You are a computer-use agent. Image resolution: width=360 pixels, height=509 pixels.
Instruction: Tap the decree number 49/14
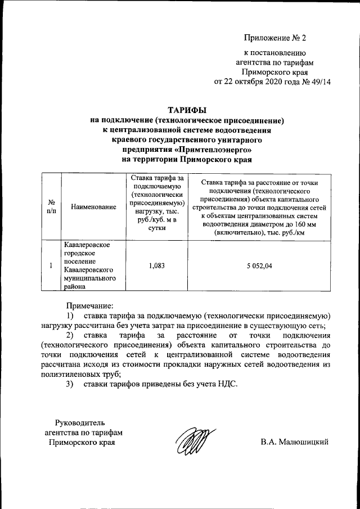point(319,81)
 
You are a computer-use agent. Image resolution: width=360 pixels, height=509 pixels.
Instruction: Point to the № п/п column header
point(51,207)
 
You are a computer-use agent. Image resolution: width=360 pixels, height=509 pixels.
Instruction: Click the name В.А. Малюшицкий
point(294,442)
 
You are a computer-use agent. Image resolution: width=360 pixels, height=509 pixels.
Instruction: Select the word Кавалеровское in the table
point(87,246)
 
